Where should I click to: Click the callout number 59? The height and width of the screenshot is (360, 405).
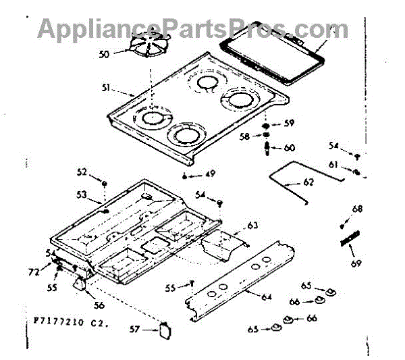coord(289,123)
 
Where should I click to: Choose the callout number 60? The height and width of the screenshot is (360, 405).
coord(289,147)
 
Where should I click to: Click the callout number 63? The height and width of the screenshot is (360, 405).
coord(253,225)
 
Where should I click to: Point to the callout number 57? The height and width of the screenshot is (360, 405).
coord(134,329)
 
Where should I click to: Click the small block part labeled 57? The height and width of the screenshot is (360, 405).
coord(165,330)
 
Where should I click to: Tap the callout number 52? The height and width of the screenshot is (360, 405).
coord(82,172)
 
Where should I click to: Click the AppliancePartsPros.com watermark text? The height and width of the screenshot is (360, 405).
coord(192,28)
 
